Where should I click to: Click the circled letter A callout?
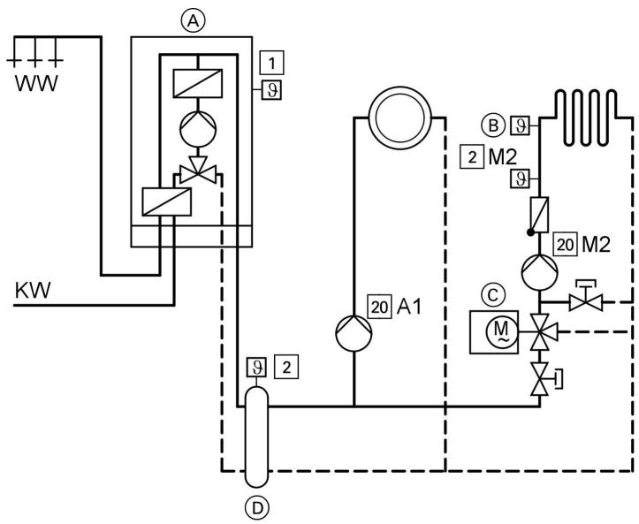193,21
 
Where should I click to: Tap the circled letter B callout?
493,125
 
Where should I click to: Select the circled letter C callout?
492,294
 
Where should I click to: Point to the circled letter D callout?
257,508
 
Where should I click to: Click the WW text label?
36,84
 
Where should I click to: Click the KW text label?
33,291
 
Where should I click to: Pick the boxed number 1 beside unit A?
272,63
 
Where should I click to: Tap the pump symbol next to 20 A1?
354,333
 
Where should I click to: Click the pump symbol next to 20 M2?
539,272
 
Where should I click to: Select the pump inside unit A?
198,129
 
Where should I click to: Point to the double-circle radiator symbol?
399,118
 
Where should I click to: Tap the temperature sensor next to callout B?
521,125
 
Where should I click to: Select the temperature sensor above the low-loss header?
257,368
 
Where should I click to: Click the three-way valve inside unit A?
198,171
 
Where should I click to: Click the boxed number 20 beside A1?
380,307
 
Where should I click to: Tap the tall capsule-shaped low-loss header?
256,437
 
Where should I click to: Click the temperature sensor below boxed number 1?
272,90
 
